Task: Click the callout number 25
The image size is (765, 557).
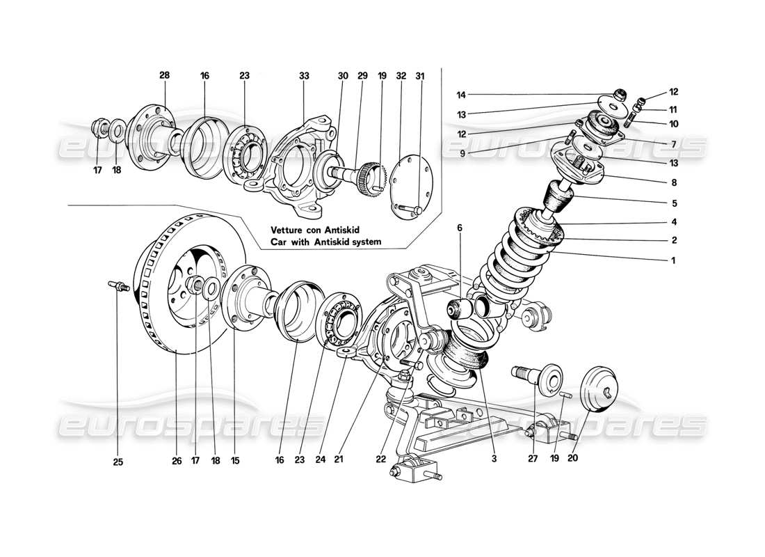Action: (x=118, y=461)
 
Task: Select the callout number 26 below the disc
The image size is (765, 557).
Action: (x=176, y=461)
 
